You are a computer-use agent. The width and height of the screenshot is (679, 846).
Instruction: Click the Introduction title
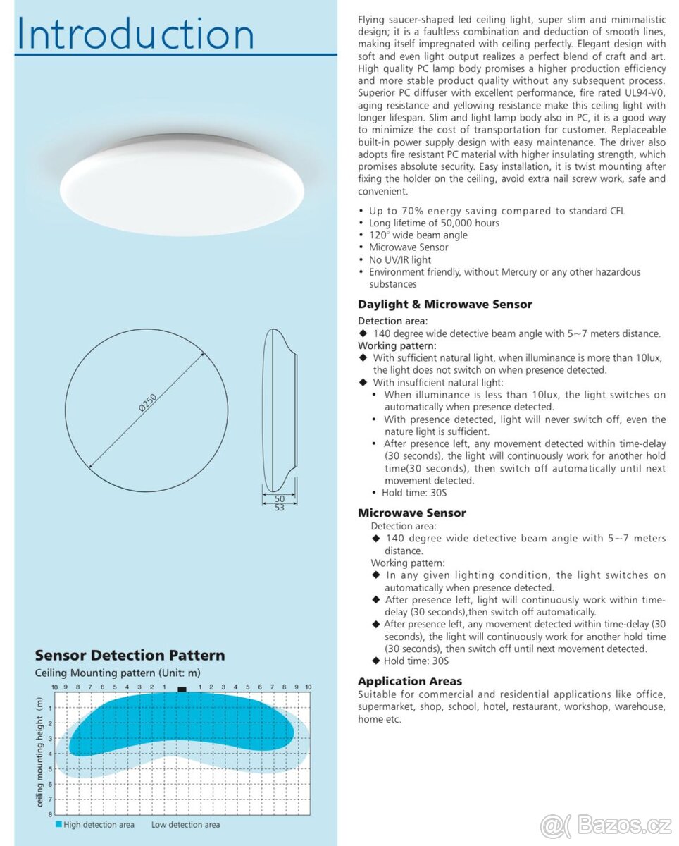tap(135, 33)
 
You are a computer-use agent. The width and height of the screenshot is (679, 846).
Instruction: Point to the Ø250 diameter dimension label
tap(147, 403)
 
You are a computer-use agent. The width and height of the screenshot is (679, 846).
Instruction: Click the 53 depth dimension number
tap(280, 508)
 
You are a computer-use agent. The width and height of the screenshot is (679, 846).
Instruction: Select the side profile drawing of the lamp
tap(278, 410)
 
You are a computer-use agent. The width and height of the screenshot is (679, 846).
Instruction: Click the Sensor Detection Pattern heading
tap(130, 656)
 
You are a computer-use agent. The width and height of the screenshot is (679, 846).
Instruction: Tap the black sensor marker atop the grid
tap(182, 689)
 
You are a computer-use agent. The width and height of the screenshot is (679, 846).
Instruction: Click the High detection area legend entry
tap(95, 824)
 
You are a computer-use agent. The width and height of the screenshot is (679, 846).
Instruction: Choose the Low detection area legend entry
tap(185, 824)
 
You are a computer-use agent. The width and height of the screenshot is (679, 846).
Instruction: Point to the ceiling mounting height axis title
tap(40, 752)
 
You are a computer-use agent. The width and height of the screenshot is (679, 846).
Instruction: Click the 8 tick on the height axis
tap(50, 814)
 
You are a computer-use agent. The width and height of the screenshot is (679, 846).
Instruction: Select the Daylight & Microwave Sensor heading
tap(444, 305)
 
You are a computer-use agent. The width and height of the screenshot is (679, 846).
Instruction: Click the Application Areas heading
tap(409, 681)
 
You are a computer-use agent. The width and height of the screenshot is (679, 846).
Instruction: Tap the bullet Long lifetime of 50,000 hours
tap(434, 223)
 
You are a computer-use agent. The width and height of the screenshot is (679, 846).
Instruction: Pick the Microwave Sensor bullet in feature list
tap(409, 247)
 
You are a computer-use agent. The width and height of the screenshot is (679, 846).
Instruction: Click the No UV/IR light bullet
tap(400, 259)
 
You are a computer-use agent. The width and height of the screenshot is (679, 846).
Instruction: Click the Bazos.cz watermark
tap(606, 825)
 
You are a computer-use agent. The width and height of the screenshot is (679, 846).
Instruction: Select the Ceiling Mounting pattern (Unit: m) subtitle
tap(118, 673)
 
